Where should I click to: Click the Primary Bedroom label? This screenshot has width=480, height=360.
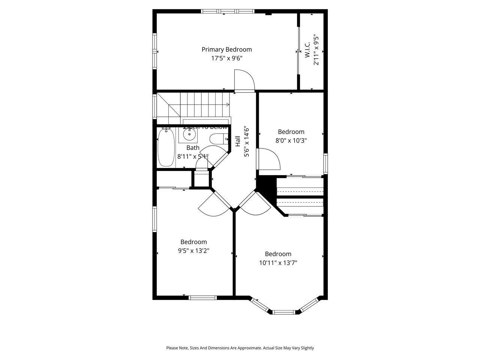tap(226, 49)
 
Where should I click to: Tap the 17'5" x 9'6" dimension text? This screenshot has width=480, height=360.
tap(226, 58)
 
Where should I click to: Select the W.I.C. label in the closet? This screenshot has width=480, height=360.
tap(307, 50)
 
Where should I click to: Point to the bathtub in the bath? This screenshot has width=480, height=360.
tap(166, 147)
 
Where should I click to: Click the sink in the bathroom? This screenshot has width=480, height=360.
tap(189, 133)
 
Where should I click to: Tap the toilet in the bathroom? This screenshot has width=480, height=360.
tap(218, 139)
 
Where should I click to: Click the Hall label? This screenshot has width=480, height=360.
tap(238, 141)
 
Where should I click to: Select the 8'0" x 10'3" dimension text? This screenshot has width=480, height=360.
tap(291, 141)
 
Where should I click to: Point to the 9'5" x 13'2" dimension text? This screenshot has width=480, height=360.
tap(193, 251)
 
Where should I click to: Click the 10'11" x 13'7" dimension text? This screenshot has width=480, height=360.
tap(278, 263)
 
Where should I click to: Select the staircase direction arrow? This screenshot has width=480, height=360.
tap(227, 105)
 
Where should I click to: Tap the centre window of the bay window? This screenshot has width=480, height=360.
tap(284, 312)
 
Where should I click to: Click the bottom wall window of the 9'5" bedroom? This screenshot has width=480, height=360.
tap(202, 298)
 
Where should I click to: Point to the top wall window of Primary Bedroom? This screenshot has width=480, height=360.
tap(228, 11)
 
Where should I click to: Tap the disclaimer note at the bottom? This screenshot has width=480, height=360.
tap(240, 348)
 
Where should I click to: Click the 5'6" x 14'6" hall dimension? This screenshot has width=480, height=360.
tap(247, 143)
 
